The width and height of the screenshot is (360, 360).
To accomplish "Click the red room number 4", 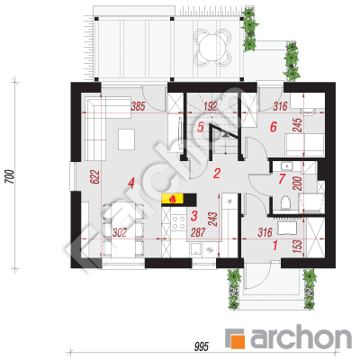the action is [130, 183].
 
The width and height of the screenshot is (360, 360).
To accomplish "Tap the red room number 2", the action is [217, 173].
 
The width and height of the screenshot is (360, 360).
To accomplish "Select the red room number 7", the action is [282, 178].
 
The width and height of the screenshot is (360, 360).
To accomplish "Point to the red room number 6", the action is [273, 127].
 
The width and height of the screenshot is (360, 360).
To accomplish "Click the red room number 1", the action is [275, 246].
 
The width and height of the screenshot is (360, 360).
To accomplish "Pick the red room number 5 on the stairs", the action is [201, 127].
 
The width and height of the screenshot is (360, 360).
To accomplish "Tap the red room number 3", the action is [194, 215].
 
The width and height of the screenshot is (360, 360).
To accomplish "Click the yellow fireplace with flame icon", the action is [173, 198].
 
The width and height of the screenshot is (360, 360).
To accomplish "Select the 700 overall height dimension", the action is [9, 176].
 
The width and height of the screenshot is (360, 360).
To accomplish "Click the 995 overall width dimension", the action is [201, 347].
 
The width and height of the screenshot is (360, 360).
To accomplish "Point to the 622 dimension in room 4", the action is [94, 177].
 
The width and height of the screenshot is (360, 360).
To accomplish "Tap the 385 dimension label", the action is [138, 106].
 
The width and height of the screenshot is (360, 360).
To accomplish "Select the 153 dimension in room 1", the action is [299, 246].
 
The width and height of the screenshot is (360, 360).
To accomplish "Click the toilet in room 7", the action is [285, 202].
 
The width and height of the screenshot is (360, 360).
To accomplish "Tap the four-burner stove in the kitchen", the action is [178, 222].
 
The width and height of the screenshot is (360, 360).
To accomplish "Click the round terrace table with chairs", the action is [212, 47].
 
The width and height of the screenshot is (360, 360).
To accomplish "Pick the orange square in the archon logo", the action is [238, 342].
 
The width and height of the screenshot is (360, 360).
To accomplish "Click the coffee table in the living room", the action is [127, 139].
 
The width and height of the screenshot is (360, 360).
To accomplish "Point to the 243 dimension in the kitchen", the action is [212, 220].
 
